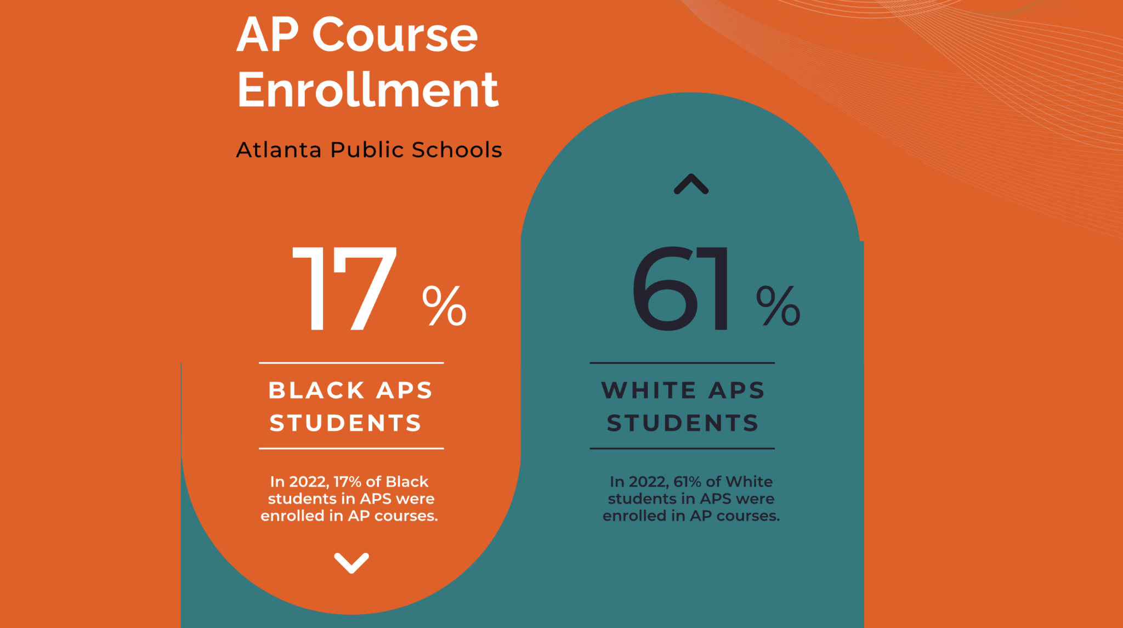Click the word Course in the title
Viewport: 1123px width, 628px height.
tap(395, 35)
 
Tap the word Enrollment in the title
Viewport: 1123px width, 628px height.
tap(367, 89)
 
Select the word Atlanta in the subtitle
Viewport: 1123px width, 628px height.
tap(279, 150)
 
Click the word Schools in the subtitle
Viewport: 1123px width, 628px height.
tap(457, 150)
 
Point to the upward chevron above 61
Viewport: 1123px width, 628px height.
tap(691, 184)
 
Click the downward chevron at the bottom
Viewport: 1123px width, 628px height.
tap(351, 563)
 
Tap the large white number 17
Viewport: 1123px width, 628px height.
tap(344, 288)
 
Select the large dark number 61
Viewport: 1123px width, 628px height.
tap(682, 288)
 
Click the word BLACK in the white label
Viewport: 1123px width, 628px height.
tap(316, 391)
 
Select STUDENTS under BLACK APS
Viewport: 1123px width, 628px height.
tap(345, 423)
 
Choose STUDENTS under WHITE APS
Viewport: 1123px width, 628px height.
tap(683, 423)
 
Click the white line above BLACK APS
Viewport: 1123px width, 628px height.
tap(351, 363)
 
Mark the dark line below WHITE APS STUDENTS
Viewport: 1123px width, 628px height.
tap(682, 448)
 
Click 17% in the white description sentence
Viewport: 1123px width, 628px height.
tap(348, 482)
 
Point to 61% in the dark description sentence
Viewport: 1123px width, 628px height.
tap(687, 482)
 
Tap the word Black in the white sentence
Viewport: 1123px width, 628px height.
tap(407, 482)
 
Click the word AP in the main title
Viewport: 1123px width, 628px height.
tap(268, 35)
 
